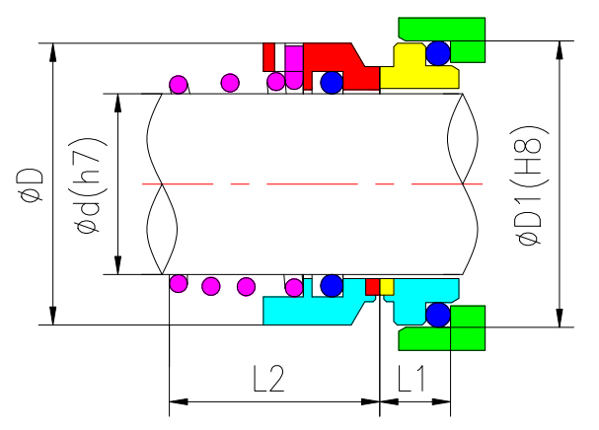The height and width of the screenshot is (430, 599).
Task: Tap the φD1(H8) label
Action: point(530,186)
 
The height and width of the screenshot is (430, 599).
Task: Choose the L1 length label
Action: point(412,379)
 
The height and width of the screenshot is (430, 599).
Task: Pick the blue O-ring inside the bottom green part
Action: point(437,315)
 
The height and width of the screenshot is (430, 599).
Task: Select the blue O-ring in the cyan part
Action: point(331,286)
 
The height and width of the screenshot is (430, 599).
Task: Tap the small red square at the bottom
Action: point(372,286)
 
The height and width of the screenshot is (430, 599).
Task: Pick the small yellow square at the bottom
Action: point(387,286)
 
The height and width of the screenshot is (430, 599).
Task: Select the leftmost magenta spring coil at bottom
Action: point(179,284)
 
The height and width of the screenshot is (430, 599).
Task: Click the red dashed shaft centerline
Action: point(306,184)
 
